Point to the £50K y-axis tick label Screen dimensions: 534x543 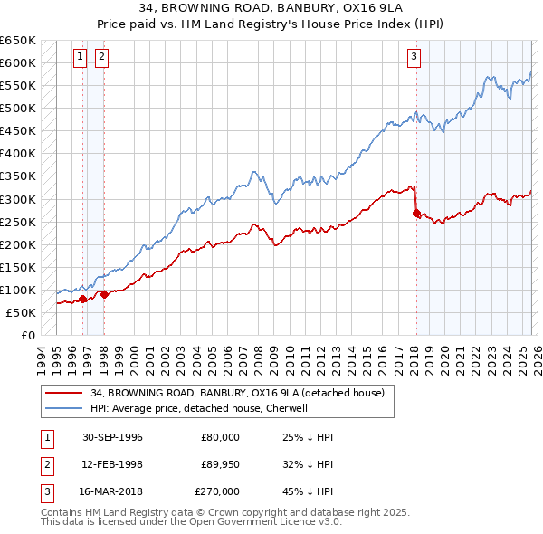coord(22,312)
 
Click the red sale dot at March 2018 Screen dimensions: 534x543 coord(416,214)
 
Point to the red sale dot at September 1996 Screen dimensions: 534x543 coord(83,298)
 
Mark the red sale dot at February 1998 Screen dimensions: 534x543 coord(104,293)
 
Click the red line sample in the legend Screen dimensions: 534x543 coord(63,393)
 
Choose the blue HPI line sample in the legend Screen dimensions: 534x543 coord(63,408)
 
